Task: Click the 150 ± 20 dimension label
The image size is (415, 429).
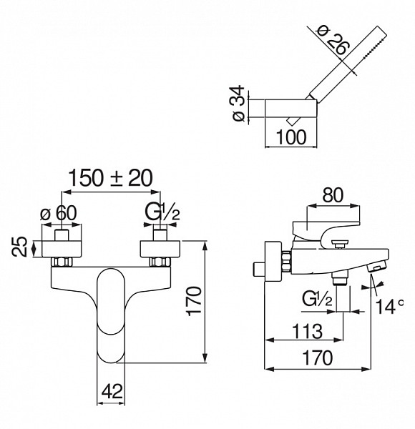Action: pyautogui.click(x=110, y=178)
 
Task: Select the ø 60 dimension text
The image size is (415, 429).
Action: pyautogui.click(x=58, y=213)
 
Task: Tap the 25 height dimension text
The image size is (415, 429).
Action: pyautogui.click(x=20, y=247)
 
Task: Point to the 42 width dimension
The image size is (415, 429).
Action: pyautogui.click(x=112, y=391)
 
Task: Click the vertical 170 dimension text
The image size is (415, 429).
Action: pyautogui.click(x=194, y=301)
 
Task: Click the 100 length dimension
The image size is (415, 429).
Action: pyautogui.click(x=291, y=137)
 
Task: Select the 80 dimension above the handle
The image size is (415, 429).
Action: pyautogui.click(x=333, y=195)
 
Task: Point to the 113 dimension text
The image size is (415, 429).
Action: pyautogui.click(x=307, y=331)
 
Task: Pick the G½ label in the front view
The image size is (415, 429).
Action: pyautogui.click(x=162, y=212)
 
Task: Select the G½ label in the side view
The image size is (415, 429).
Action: pyautogui.click(x=317, y=299)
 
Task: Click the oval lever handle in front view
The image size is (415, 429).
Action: pyautogui.click(x=111, y=316)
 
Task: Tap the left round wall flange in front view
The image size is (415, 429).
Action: pyautogui.click(x=62, y=249)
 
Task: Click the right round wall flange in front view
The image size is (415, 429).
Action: pyautogui.click(x=160, y=249)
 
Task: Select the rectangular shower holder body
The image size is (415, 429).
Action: pyautogui.click(x=290, y=109)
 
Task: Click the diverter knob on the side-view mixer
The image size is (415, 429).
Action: pyautogui.click(x=340, y=243)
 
